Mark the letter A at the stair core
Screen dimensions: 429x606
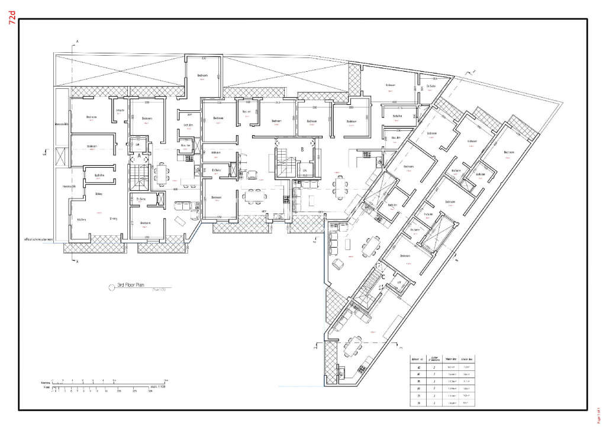[x=139, y=156]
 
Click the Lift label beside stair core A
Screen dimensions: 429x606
[x=138, y=144]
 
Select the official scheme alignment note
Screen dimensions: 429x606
[x=39, y=240]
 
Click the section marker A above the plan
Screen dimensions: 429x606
[x=76, y=42]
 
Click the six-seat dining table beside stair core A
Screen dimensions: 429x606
[x=160, y=172]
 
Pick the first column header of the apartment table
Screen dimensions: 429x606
[x=419, y=359]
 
